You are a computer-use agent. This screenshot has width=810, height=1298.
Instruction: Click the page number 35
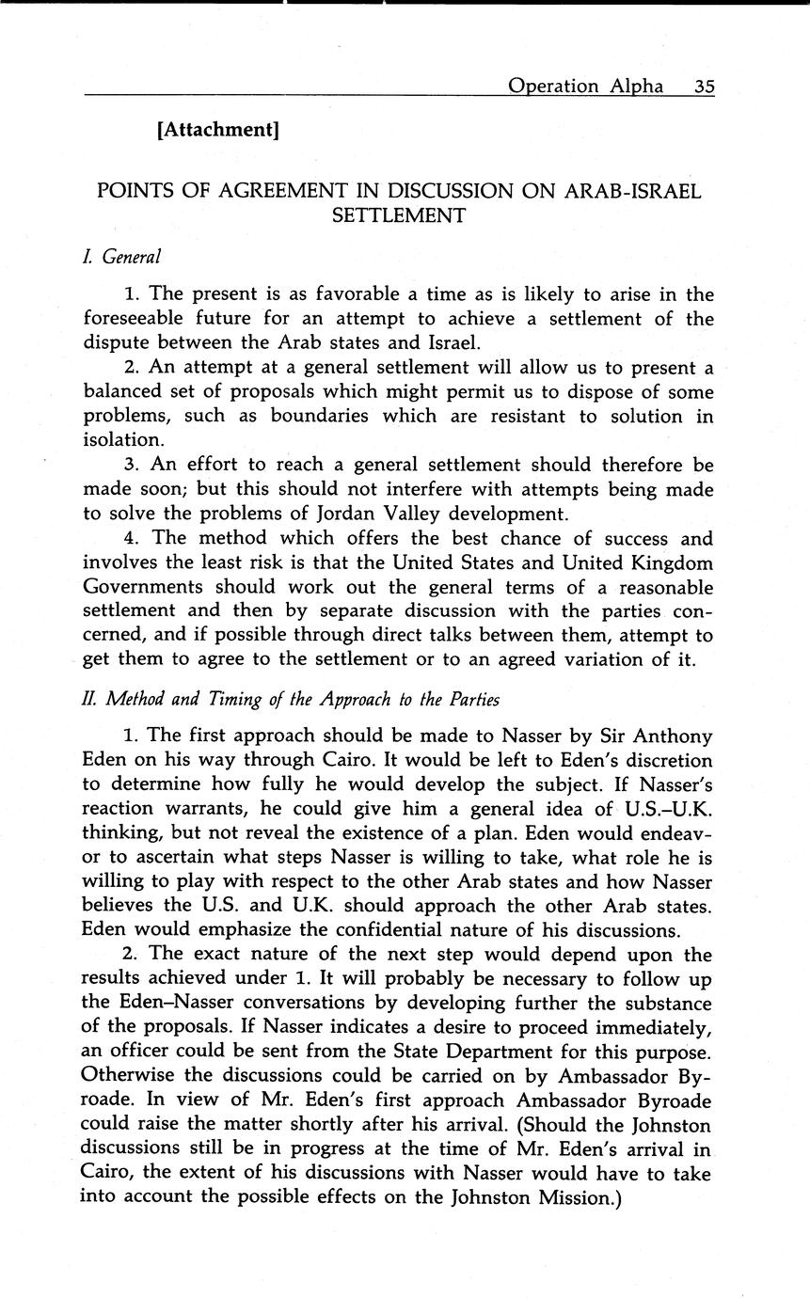pyautogui.click(x=705, y=87)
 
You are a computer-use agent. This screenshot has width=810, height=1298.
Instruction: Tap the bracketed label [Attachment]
pyautogui.click(x=218, y=130)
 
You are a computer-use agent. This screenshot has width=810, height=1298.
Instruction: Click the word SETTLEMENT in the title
pyautogui.click(x=399, y=215)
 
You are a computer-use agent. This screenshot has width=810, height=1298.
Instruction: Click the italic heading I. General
pyautogui.click(x=122, y=256)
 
